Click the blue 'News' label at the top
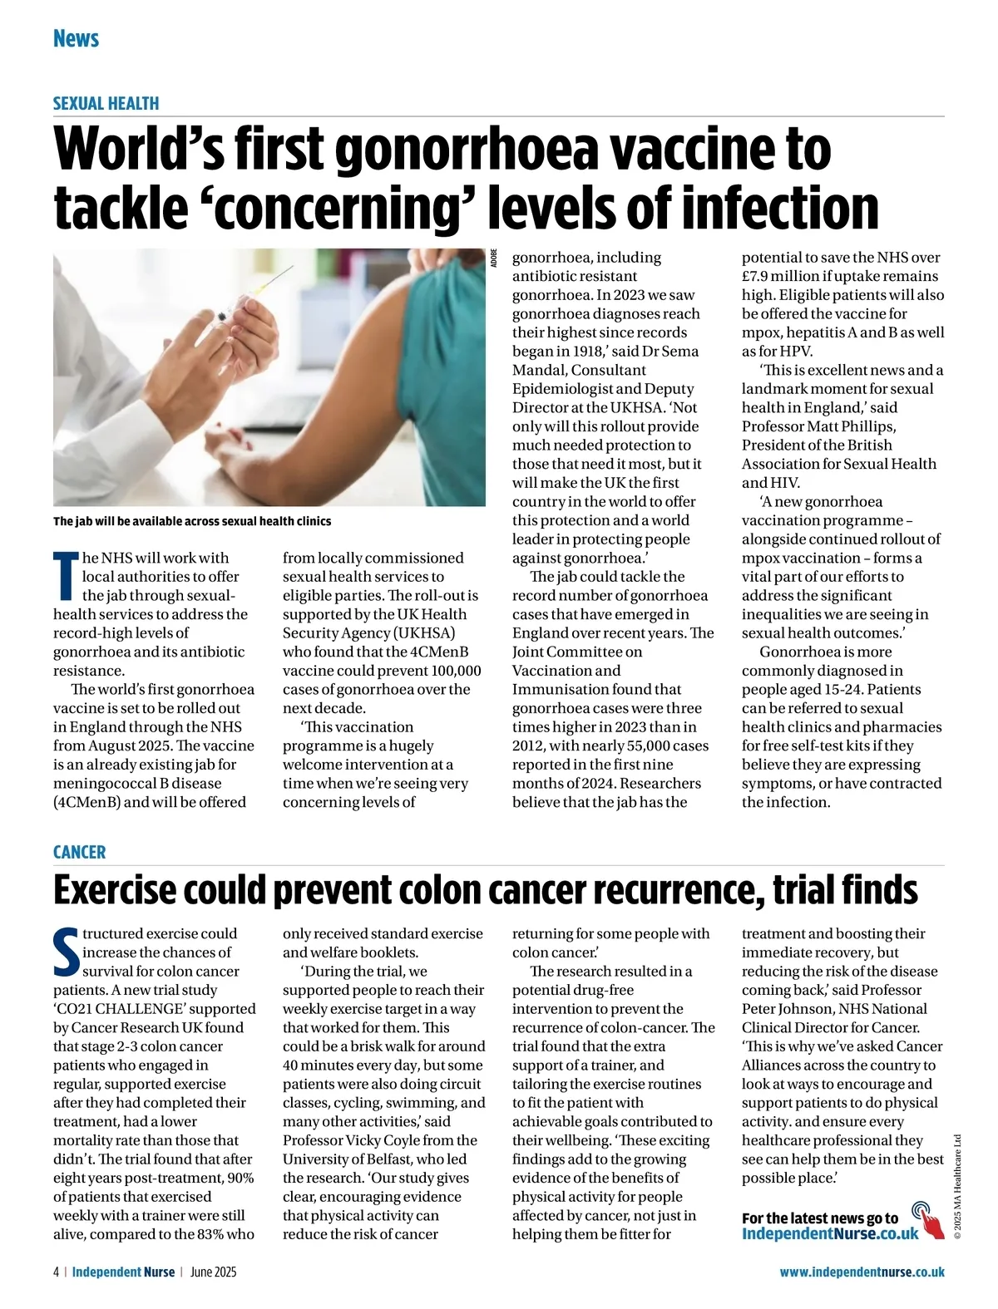76,39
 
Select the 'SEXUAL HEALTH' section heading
106,104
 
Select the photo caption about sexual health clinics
192,521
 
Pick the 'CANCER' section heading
79,852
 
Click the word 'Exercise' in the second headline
114,890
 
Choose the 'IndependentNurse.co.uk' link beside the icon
830,1233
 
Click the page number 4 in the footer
56,1272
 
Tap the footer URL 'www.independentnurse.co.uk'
862,1272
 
